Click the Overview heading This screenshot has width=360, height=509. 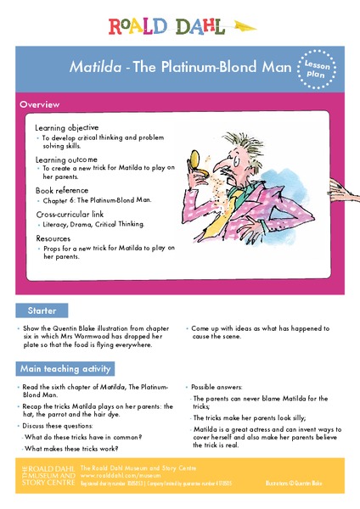tap(40, 104)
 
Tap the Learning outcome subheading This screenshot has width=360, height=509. tap(66, 159)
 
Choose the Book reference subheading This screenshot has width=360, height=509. tap(64, 192)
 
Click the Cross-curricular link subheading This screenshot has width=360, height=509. tap(74, 215)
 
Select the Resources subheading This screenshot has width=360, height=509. tap(54, 238)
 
